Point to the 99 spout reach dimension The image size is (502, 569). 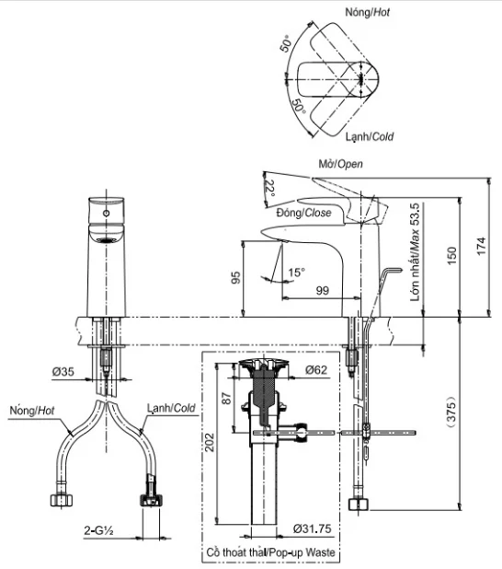(322, 291)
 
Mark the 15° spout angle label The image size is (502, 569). (295, 273)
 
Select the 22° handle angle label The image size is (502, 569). (270, 189)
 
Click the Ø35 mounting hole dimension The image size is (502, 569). (63, 373)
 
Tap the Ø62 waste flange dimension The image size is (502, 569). (316, 370)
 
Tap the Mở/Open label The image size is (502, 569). (339, 164)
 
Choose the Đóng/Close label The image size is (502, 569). (303, 212)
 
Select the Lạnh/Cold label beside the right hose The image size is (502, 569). (171, 408)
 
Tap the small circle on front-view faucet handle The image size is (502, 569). (108, 213)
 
